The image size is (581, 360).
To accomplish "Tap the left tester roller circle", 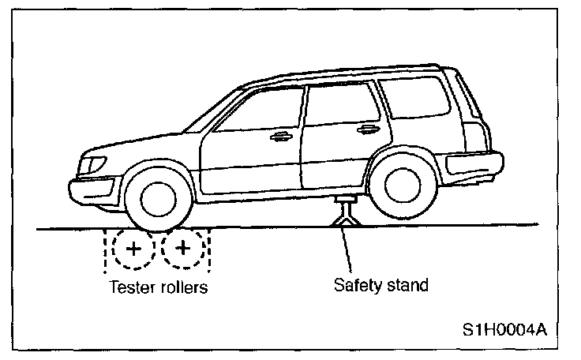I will pos(133,249).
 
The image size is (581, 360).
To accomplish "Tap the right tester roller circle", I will pos(183,249).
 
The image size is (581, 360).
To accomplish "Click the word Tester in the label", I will pos(130,287).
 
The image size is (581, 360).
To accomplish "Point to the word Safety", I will pos(352,284).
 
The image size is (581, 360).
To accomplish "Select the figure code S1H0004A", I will pos(504,328).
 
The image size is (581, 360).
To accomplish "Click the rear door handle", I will pos(365,130).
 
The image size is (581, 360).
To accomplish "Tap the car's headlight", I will pos(92,165).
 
